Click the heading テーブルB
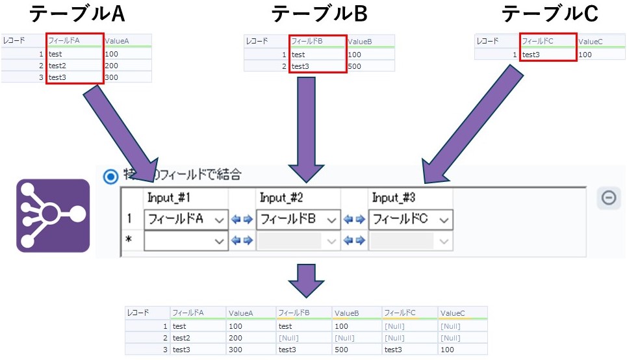coord(320,14)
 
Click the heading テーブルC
coord(550,14)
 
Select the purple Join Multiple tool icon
coord(53,215)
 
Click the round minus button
coord(609,198)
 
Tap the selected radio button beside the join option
coord(111,175)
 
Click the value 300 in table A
coord(112,77)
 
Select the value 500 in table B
coord(355,66)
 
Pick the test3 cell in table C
coord(531,55)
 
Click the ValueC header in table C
coord(591,42)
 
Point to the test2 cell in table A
coord(58,66)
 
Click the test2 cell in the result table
coord(181,337)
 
